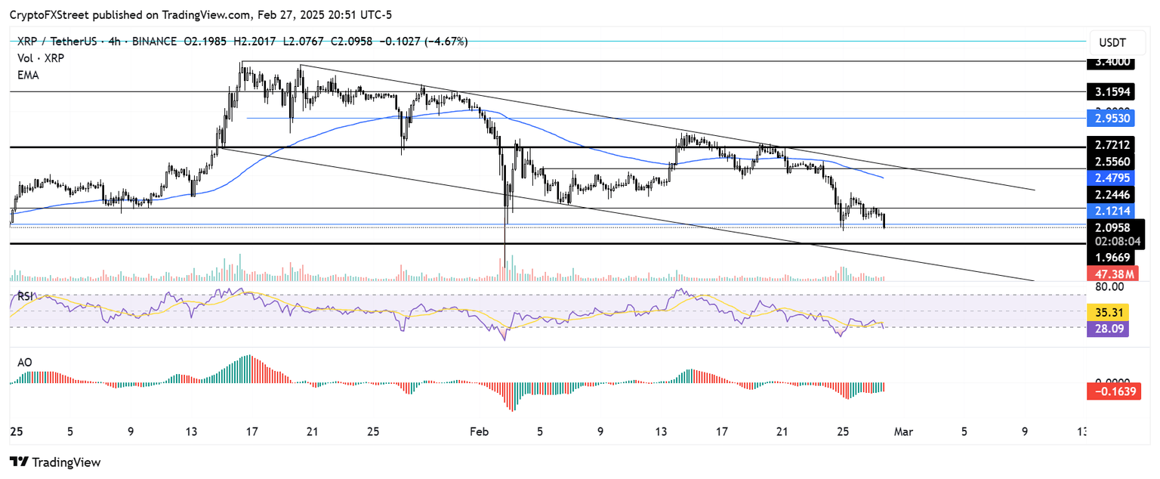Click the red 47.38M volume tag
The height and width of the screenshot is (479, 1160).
pos(1109,273)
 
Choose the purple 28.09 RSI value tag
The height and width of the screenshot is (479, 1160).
pos(1107,329)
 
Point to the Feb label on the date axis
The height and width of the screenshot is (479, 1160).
pos(478,432)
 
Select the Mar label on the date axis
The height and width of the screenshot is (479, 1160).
pos(903,432)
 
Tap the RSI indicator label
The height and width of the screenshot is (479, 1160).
pos(25,297)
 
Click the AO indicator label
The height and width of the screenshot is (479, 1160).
pos(24,363)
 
